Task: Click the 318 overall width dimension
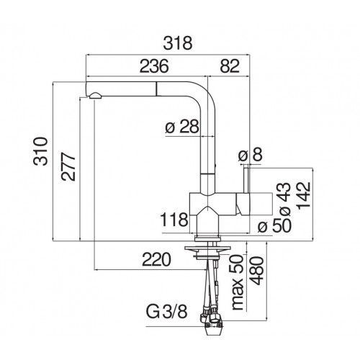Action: tap(178, 43)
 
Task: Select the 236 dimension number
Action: tap(154, 66)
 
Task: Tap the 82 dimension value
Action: tap(230, 66)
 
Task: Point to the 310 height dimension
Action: tap(40, 151)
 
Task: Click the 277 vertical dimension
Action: tap(68, 166)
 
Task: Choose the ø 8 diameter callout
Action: tap(251, 154)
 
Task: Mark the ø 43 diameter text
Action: tap(285, 199)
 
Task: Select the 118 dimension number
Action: tap(174, 220)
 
